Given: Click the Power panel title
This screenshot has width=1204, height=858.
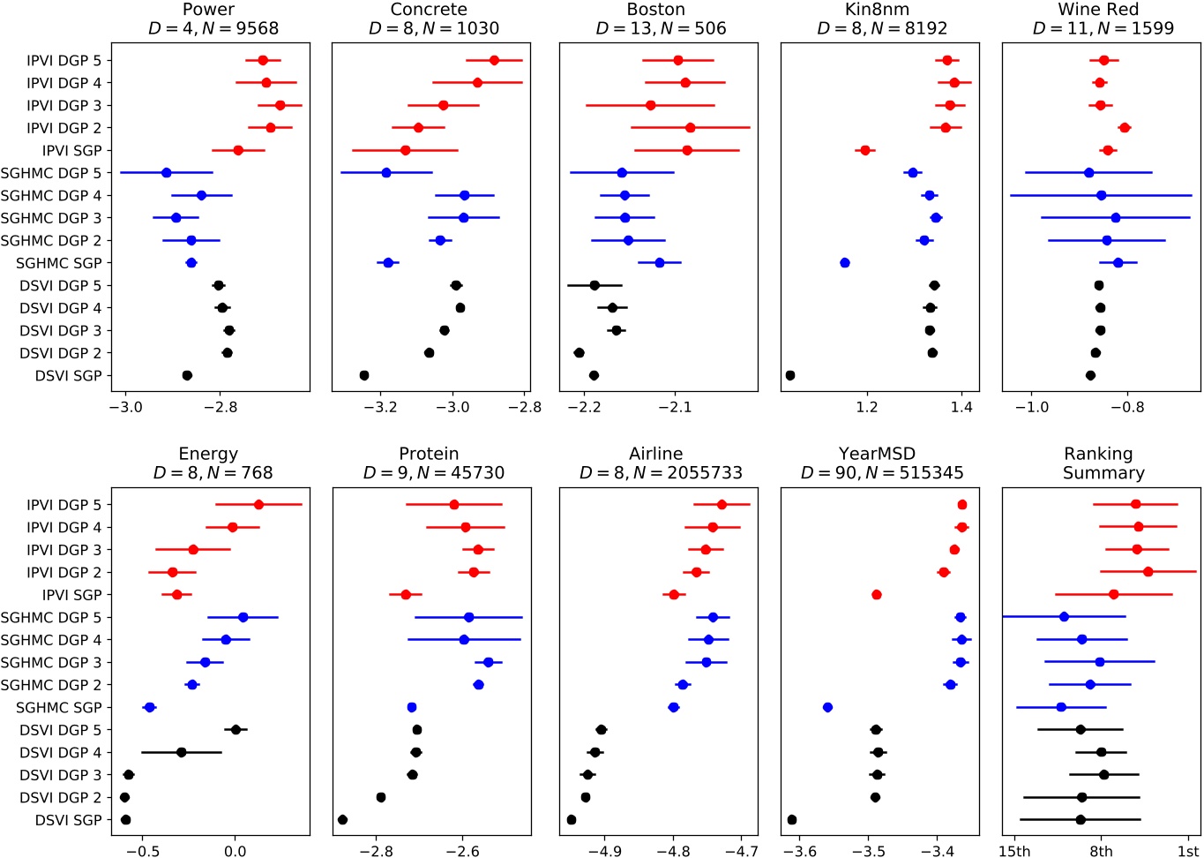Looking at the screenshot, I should [208, 10].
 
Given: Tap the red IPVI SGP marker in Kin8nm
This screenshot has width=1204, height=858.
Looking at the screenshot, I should [865, 150].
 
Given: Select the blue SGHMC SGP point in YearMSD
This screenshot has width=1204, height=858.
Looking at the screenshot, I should [827, 707].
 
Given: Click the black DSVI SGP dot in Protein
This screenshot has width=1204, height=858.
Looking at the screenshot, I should [342, 820].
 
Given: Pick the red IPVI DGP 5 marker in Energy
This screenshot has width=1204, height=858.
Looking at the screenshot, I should [258, 504].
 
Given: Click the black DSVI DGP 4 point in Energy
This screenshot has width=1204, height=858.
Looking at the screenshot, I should [182, 752].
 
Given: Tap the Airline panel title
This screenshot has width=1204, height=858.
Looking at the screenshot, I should [655, 454].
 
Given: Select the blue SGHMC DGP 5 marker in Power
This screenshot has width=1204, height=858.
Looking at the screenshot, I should [166, 173].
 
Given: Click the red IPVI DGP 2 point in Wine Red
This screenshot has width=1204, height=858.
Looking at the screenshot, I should [1125, 128].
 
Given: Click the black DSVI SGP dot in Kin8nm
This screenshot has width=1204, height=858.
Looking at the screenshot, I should [789, 375].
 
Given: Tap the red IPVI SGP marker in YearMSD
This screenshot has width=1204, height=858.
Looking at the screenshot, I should [876, 595].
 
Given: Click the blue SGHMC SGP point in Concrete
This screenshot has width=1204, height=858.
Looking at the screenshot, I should [388, 263].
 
